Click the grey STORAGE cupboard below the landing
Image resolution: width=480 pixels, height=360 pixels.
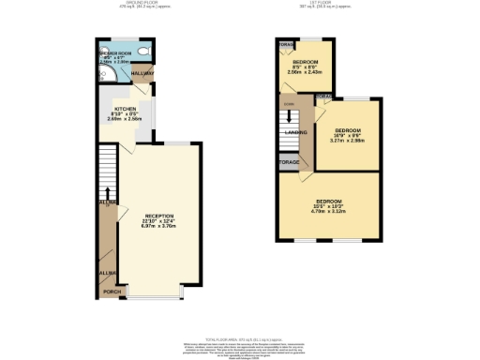pyautogui.click(x=290, y=162)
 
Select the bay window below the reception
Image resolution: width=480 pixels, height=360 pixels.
pyautogui.click(x=157, y=295)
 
